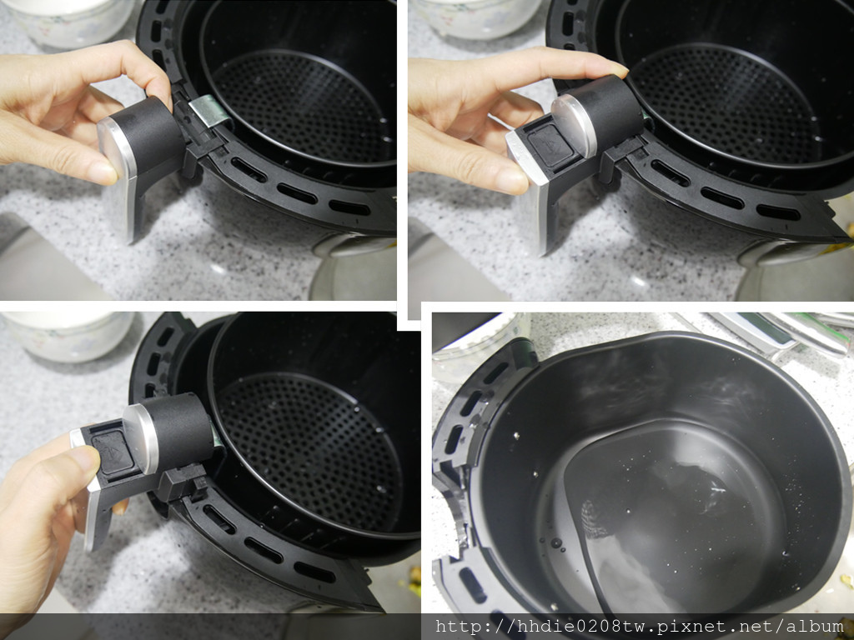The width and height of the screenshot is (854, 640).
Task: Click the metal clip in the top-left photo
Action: tap(209, 111)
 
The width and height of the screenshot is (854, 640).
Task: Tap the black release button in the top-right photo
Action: tap(550, 147)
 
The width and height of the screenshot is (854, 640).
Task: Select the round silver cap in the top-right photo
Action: tap(574, 125)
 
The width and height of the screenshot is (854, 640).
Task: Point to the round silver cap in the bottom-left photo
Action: tap(140, 438)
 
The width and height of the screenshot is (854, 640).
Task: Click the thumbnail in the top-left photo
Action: tap(103, 172)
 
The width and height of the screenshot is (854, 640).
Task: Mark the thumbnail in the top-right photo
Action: tap(511, 182)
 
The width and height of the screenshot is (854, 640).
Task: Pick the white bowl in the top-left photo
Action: tap(70, 22)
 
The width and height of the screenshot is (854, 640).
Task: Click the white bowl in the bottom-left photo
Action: tap(68, 336)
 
